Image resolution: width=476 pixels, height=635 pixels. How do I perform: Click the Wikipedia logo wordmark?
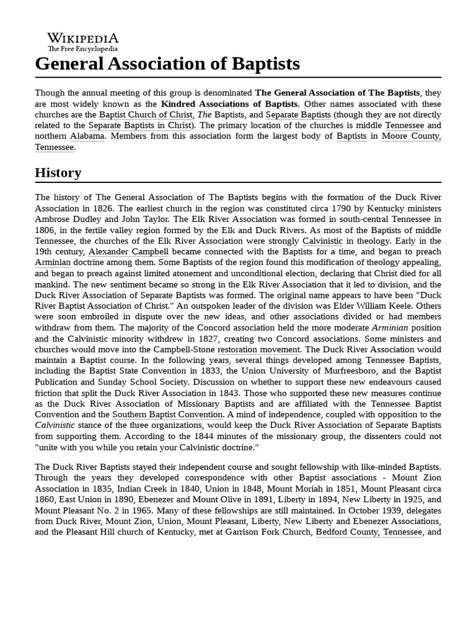(83, 38)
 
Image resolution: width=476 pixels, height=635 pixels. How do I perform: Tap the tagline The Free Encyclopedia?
(83, 49)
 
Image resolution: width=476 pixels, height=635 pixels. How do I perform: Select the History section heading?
(58, 172)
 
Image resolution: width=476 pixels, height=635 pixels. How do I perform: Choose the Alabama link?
(87, 136)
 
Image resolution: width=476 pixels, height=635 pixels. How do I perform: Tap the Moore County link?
(412, 136)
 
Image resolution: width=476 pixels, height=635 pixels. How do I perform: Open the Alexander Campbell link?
(128, 252)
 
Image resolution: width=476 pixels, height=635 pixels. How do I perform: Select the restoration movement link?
(258, 350)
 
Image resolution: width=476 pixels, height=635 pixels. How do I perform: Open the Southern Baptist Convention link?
(167, 414)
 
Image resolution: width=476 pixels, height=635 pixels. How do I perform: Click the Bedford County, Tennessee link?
(369, 532)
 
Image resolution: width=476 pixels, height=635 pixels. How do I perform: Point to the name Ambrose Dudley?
(68, 219)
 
